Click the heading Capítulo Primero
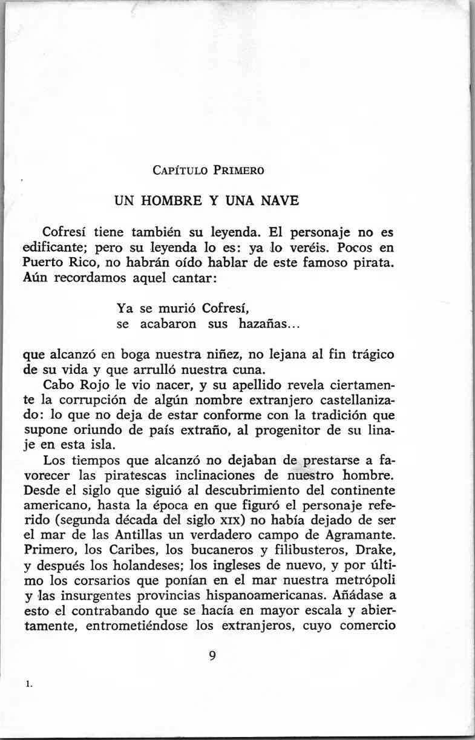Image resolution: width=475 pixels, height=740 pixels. point(206,171)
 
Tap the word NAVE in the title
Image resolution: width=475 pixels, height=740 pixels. point(281,200)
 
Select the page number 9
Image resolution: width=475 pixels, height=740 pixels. point(212,656)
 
